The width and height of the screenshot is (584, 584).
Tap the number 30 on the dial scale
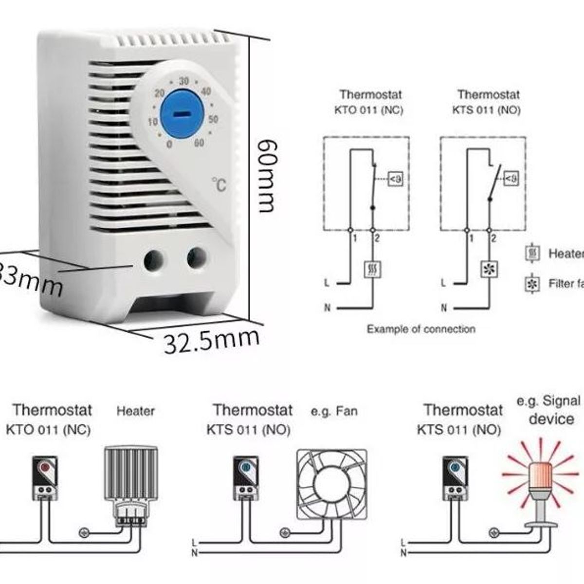[x=183, y=81]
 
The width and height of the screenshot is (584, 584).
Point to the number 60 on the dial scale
[x=199, y=143]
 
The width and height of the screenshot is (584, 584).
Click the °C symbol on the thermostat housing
[x=219, y=184]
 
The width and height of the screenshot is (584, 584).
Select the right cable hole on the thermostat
[x=197, y=258]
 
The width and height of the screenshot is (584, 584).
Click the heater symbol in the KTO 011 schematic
[x=373, y=269]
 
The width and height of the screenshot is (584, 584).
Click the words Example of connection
[x=421, y=329]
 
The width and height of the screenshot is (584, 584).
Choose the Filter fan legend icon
[x=533, y=284]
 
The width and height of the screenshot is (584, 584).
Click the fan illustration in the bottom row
[x=331, y=485]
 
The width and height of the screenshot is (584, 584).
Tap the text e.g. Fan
[x=334, y=412]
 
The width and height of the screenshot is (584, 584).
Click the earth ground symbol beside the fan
[x=285, y=533]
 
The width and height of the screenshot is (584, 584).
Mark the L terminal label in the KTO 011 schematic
[x=327, y=283]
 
